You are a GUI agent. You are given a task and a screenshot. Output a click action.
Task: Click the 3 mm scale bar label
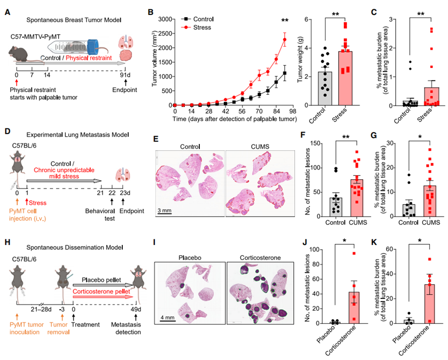[166, 211]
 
